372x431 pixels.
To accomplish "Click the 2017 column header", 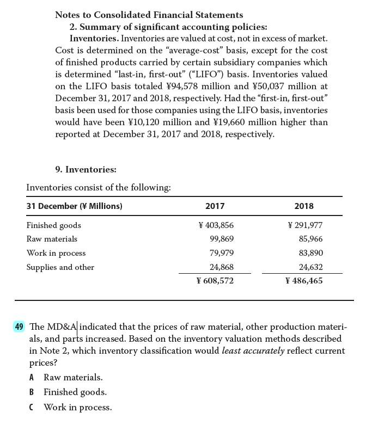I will click(215, 206).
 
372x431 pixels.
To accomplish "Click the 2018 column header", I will click(303, 206).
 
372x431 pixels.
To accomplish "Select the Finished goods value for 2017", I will click(216, 225).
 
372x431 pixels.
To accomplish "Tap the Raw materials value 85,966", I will click(310, 239).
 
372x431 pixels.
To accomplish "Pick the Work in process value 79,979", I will click(222, 253).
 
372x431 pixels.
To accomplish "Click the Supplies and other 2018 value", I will click(310, 267).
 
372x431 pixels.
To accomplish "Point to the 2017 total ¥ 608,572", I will click(215, 281).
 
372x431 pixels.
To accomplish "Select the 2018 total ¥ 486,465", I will click(304, 281).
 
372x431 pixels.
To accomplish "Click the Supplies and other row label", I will click(60, 267).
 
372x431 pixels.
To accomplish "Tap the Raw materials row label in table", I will click(52, 239).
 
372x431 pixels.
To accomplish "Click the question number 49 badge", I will click(19, 327).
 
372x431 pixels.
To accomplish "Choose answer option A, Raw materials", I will click(72, 377).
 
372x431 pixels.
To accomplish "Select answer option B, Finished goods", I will click(75, 392).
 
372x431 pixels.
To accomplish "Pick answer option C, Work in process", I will click(77, 407).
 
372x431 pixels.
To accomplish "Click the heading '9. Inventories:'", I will click(86, 170).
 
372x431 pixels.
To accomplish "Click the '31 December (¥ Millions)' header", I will click(74, 206).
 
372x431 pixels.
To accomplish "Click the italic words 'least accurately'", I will click(253, 350).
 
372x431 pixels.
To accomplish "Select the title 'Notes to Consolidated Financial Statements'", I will click(149, 15).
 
